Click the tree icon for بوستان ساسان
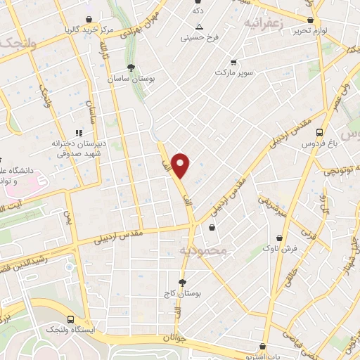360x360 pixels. [x=131, y=67]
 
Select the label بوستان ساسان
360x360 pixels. [x=131, y=79]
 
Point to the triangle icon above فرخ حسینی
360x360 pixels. [x=200, y=27]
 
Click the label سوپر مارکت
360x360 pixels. [x=234, y=72]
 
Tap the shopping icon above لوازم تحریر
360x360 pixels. [x=311, y=20]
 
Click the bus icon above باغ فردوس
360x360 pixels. [x=319, y=131]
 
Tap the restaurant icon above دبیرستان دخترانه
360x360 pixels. [x=79, y=131]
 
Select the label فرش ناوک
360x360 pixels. [x=281, y=248]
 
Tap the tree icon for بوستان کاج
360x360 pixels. [x=182, y=283]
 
